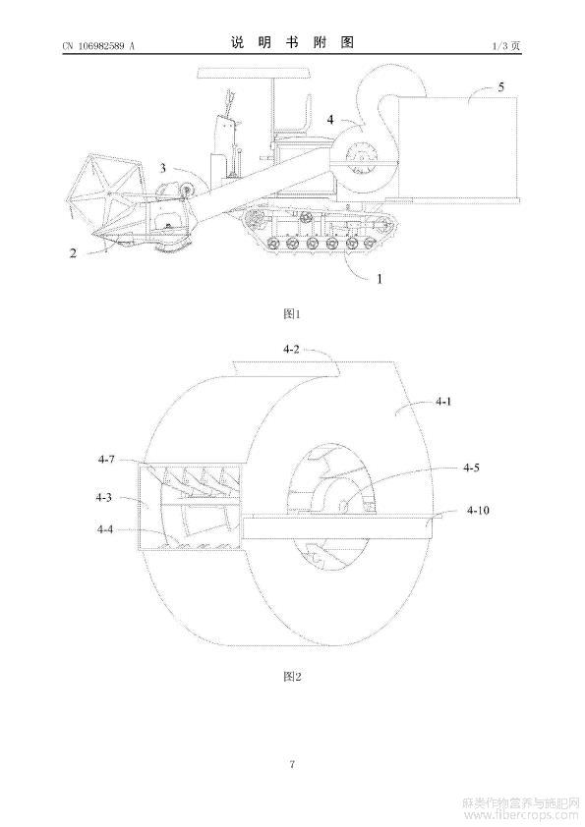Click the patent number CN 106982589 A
pyautogui.click(x=98, y=46)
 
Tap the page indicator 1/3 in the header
pyautogui.click(x=499, y=46)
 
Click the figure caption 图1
pyautogui.click(x=291, y=314)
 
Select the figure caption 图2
pyautogui.click(x=292, y=676)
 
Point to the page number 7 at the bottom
pyautogui.click(x=292, y=764)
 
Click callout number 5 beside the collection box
pyautogui.click(x=501, y=86)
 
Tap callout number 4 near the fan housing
pyautogui.click(x=330, y=120)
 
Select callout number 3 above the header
pyautogui.click(x=162, y=168)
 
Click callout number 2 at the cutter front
pyautogui.click(x=74, y=253)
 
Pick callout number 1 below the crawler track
pyautogui.click(x=380, y=278)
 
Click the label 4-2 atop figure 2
pyautogui.click(x=291, y=349)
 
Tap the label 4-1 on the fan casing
pyautogui.click(x=443, y=402)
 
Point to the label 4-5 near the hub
pyautogui.click(x=471, y=468)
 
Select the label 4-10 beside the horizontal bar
pyautogui.click(x=478, y=510)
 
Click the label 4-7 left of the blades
pyautogui.click(x=106, y=460)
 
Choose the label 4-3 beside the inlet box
pyautogui.click(x=103, y=497)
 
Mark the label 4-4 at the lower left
pyautogui.click(x=105, y=529)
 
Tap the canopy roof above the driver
pyautogui.click(x=254, y=73)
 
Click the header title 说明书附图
pyautogui.click(x=292, y=42)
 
